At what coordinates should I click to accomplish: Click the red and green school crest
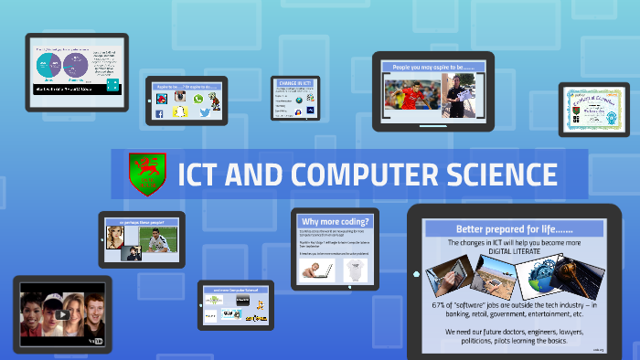click(144, 174)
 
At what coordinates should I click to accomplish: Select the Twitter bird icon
click(204, 112)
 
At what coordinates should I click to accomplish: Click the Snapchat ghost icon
click(180, 112)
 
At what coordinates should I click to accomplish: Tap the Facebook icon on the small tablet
click(160, 112)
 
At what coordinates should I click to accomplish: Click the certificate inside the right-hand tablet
click(593, 110)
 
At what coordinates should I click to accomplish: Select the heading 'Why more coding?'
click(335, 222)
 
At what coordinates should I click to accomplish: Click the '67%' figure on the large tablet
click(442, 304)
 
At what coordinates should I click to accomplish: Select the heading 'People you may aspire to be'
click(432, 68)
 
